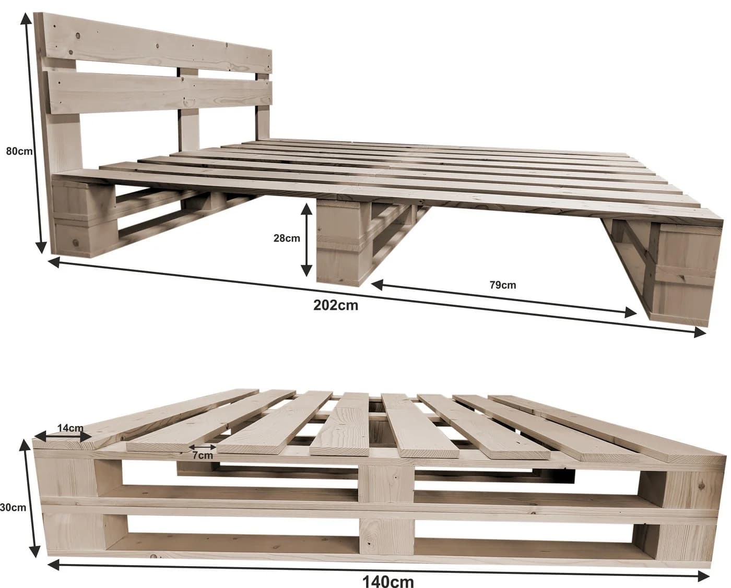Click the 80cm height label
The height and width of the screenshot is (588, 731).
tap(19, 151)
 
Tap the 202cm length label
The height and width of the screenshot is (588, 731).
tap(336, 306)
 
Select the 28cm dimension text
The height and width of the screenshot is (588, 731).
tap(287, 238)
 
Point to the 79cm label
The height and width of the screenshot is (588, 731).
tap(503, 285)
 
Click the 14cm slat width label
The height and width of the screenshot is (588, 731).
tap(70, 428)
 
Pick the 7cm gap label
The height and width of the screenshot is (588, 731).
tap(203, 455)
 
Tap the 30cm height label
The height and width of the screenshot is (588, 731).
tap(13, 508)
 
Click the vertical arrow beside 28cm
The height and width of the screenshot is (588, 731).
tap(306, 239)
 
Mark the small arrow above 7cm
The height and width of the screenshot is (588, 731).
tap(203, 447)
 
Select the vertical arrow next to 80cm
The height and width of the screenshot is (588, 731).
tap(33, 134)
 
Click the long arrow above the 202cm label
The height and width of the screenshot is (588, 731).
tap(377, 297)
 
